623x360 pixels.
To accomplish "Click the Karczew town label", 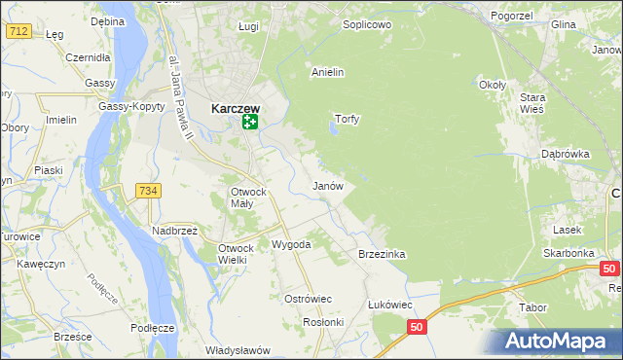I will pos(235,110).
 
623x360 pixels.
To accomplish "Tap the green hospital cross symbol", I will pos(250,122).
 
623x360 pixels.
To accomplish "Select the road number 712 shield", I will pos(18,32).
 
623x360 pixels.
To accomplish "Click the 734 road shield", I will pos(148,191).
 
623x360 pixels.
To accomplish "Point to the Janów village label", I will pos(327,185).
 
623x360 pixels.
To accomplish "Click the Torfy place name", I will pos(348,120).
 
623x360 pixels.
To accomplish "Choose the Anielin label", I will pos(328,72).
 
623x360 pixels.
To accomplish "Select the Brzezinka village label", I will pos(382,253).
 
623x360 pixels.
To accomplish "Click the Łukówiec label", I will pos(390,305).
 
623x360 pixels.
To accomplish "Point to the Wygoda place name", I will pos(291,244).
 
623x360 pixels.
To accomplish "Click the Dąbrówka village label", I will pos(567,154).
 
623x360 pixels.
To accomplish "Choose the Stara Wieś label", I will pos(531,104).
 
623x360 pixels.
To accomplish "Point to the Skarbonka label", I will pos(569,252).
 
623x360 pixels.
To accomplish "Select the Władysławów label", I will pos(237,350).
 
